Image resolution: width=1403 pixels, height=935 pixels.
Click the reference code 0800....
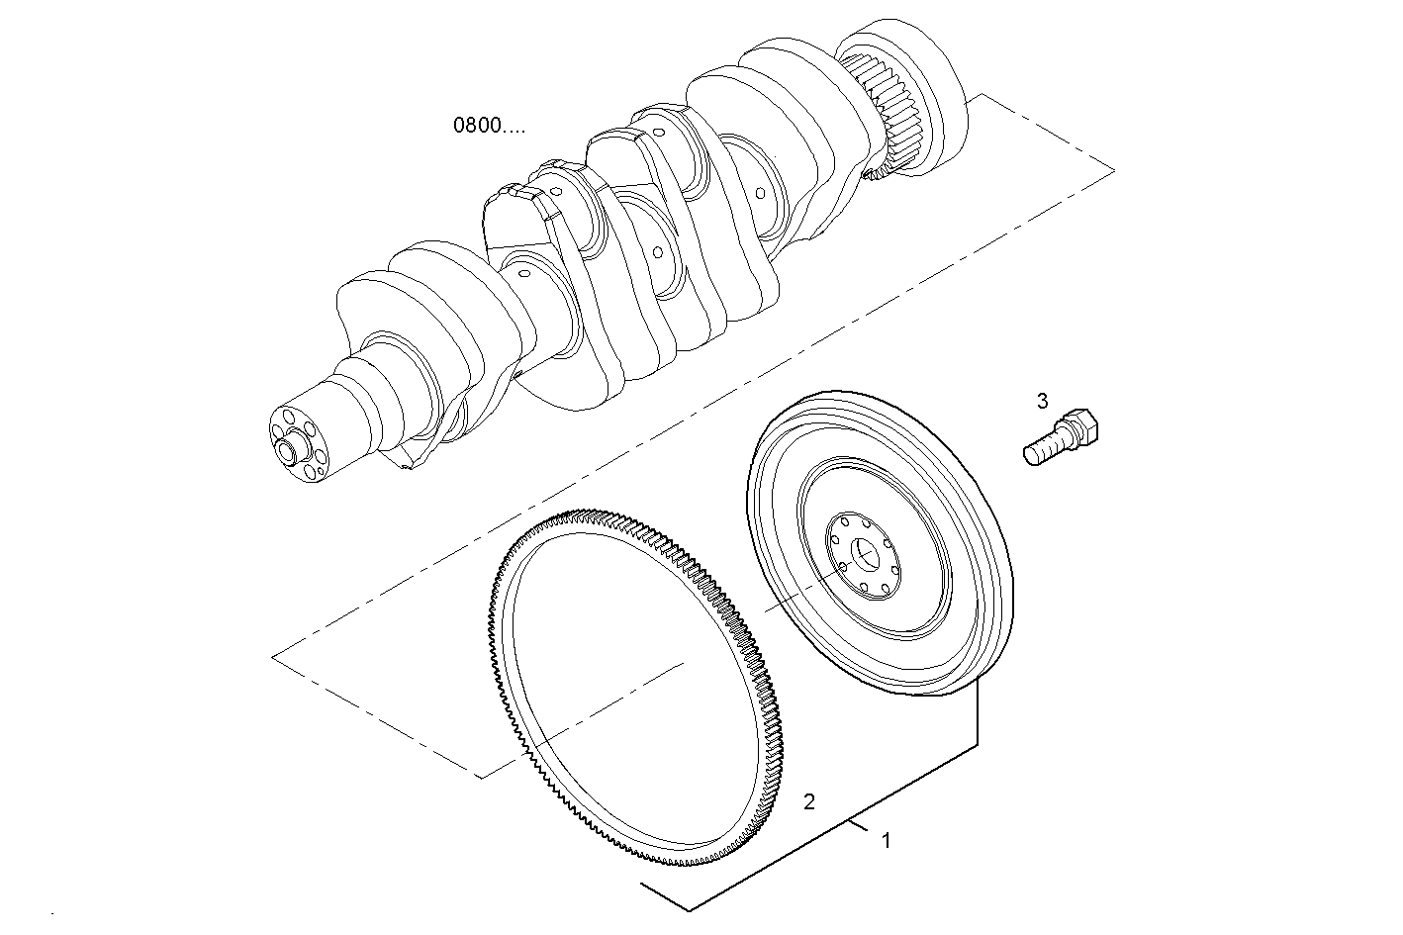click(x=489, y=126)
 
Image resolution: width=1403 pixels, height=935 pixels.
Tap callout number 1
click(x=887, y=841)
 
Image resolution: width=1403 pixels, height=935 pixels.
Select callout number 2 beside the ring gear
click(x=808, y=801)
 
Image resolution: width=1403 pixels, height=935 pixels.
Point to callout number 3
click(x=1042, y=401)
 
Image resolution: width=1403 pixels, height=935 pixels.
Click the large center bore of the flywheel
click(x=867, y=556)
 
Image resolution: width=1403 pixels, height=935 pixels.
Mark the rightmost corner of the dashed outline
click(x=1113, y=170)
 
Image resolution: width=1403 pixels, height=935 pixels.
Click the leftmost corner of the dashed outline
click(x=273, y=656)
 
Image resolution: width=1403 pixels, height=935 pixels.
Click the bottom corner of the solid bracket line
click(x=689, y=908)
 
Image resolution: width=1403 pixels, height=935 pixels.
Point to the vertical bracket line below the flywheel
click(x=979, y=712)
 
